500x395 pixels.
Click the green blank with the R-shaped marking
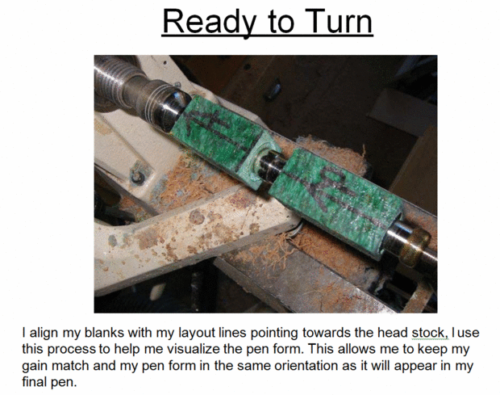[x=335, y=200]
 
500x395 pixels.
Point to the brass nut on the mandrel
[x=414, y=246]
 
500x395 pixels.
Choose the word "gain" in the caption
[x=35, y=367]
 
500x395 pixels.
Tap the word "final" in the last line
[x=34, y=381]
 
